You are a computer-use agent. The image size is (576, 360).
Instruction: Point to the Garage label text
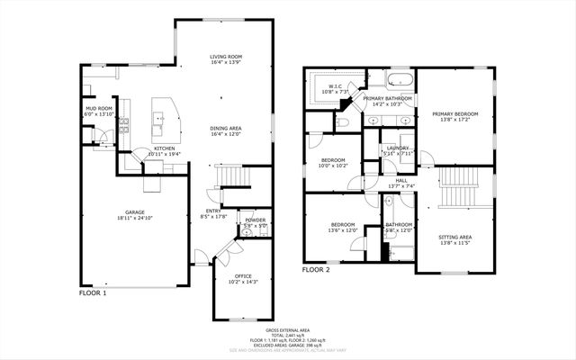[x=135, y=214]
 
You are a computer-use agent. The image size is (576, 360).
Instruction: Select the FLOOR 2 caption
[x=316, y=269]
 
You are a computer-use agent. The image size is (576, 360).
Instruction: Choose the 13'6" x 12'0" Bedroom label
[x=342, y=228]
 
